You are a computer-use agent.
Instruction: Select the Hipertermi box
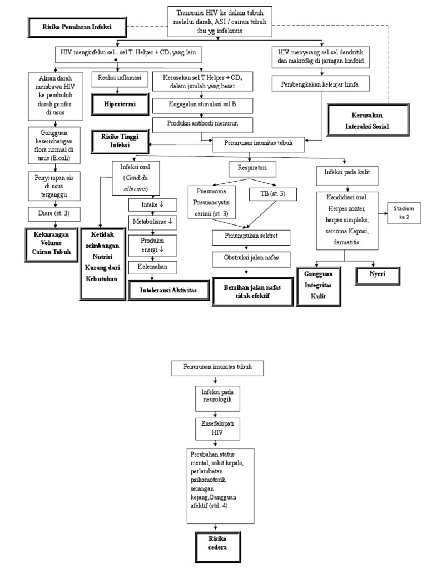(x=119, y=104)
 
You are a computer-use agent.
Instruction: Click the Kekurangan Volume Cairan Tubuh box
(x=48, y=242)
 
